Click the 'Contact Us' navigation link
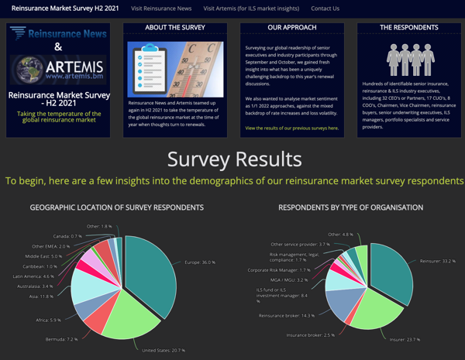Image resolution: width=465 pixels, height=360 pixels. click(325, 9)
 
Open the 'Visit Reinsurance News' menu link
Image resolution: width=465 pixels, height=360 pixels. click(161, 9)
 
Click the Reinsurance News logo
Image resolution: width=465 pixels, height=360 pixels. click(58, 33)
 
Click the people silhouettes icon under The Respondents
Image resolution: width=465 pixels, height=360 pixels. click(408, 57)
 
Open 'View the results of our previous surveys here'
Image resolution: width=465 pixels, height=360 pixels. click(291, 128)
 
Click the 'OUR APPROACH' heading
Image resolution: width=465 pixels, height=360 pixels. click(291, 28)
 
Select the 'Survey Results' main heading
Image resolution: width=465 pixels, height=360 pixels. click(234, 159)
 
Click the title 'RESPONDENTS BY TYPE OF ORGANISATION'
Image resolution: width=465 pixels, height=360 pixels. click(350, 207)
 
